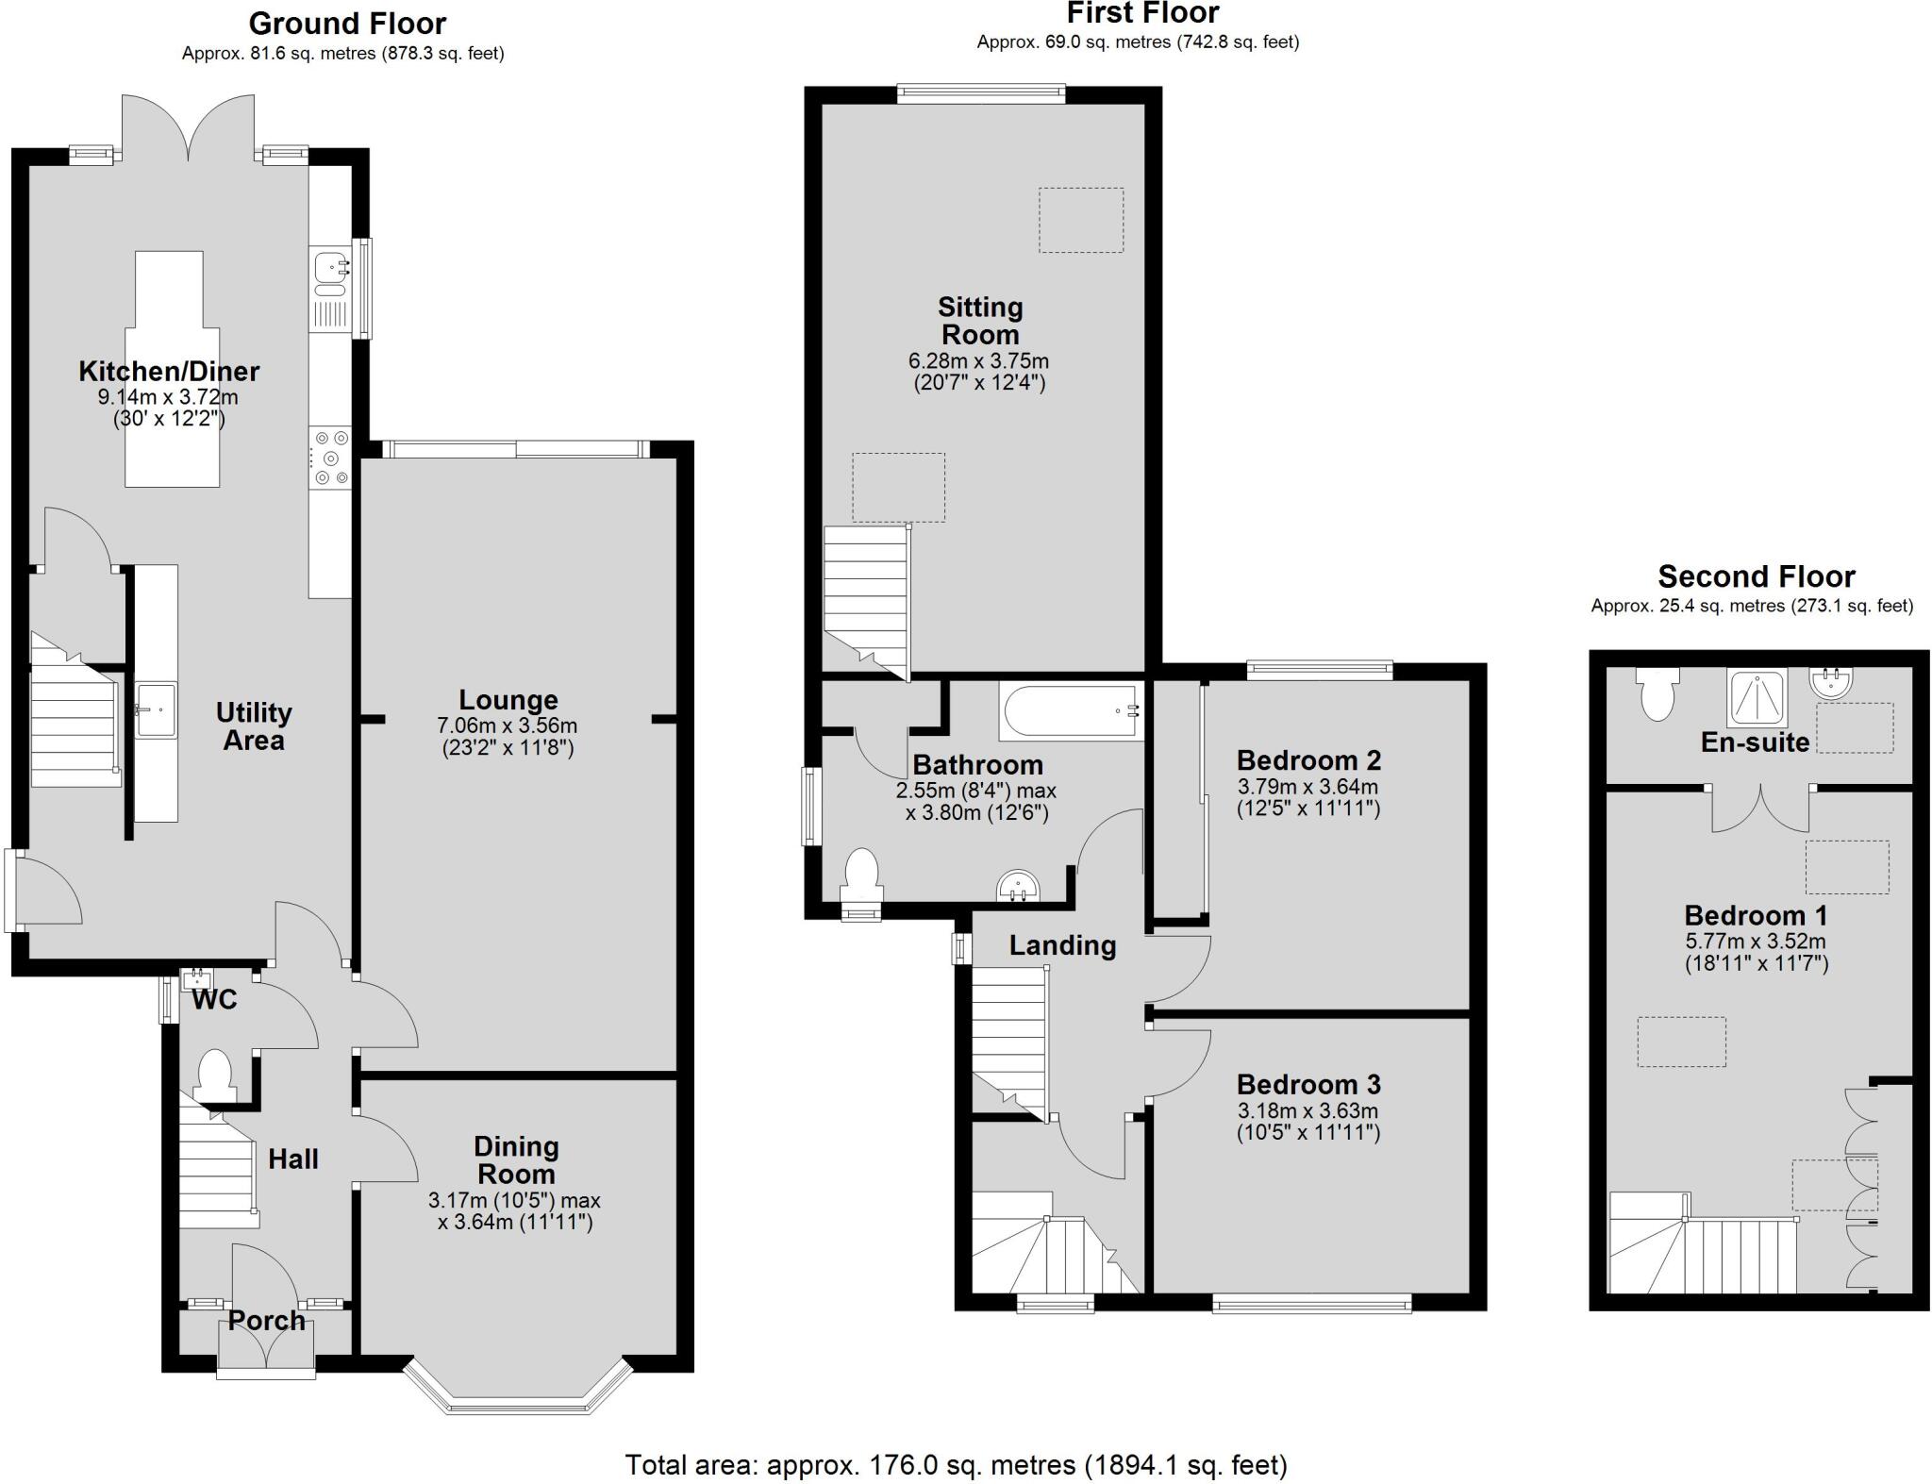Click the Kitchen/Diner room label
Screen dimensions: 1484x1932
169,371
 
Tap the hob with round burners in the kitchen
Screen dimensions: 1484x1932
329,459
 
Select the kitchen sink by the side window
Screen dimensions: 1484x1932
330,268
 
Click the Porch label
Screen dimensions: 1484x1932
267,1320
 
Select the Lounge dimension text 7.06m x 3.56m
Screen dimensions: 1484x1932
508,725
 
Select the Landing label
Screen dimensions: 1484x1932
1062,945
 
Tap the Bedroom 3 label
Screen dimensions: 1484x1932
1308,1084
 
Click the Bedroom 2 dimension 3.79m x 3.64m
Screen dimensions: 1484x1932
1307,786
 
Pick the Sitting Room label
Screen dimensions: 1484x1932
979,321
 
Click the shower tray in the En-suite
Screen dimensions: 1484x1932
1757,697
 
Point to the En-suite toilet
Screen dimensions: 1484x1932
1657,694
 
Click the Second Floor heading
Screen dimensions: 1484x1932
1756,575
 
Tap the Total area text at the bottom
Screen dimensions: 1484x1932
956,1465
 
